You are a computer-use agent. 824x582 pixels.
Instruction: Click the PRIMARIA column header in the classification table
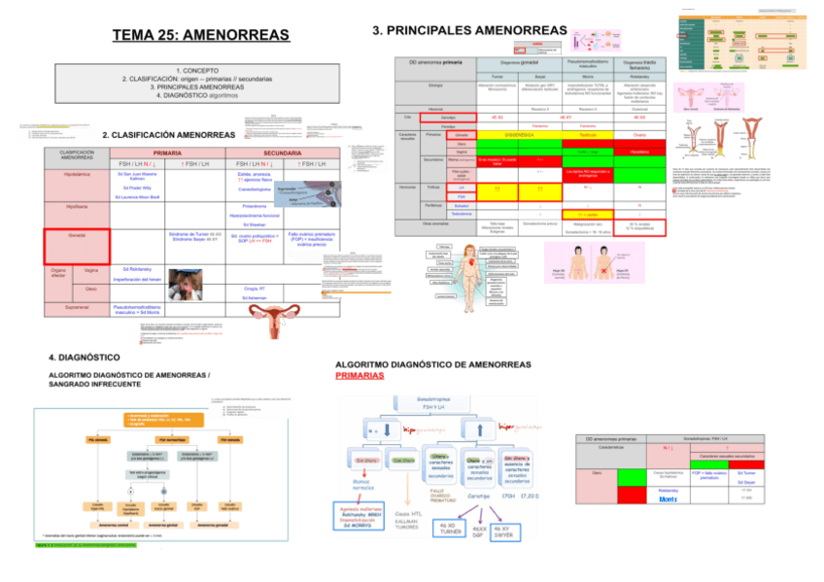168,154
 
